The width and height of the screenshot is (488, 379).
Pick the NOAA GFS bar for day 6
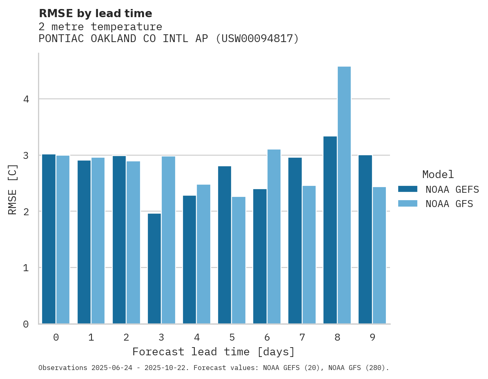click(274, 236)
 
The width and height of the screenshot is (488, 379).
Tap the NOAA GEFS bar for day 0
click(49, 239)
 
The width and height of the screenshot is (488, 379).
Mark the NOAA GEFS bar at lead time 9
click(365, 239)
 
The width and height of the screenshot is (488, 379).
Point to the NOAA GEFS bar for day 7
click(295, 241)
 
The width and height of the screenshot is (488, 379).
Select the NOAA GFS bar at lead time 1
click(98, 241)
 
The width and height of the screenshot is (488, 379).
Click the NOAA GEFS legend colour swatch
click(408, 189)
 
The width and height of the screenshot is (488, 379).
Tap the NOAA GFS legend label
click(449, 203)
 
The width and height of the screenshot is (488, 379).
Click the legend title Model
click(438, 174)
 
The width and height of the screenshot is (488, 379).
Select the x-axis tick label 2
click(126, 337)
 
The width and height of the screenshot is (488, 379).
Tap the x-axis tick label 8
click(337, 337)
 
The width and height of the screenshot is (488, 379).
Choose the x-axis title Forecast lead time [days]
click(213, 352)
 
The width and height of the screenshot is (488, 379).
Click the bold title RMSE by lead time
click(95, 13)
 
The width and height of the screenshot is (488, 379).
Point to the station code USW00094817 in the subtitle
click(257, 39)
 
